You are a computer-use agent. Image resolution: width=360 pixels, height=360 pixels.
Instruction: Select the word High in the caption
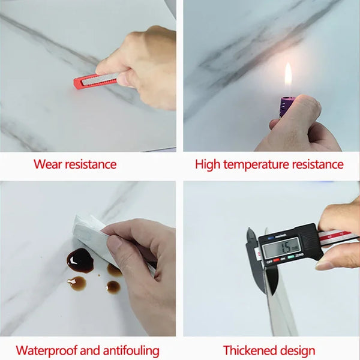pyautogui.click(x=208, y=164)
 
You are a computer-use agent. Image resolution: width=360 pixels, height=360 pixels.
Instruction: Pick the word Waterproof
pyautogui.click(x=46, y=350)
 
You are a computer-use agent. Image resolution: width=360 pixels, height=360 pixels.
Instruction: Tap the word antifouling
pyautogui.click(x=131, y=350)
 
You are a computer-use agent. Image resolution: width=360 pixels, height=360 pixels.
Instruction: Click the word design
pyautogui.click(x=296, y=350)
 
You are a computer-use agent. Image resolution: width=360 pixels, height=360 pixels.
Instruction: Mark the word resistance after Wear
pyautogui.click(x=91, y=164)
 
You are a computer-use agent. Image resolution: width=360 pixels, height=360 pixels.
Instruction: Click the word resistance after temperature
pyautogui.click(x=322, y=164)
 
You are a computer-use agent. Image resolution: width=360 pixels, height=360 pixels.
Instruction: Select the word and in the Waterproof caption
pyautogui.click(x=88, y=350)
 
